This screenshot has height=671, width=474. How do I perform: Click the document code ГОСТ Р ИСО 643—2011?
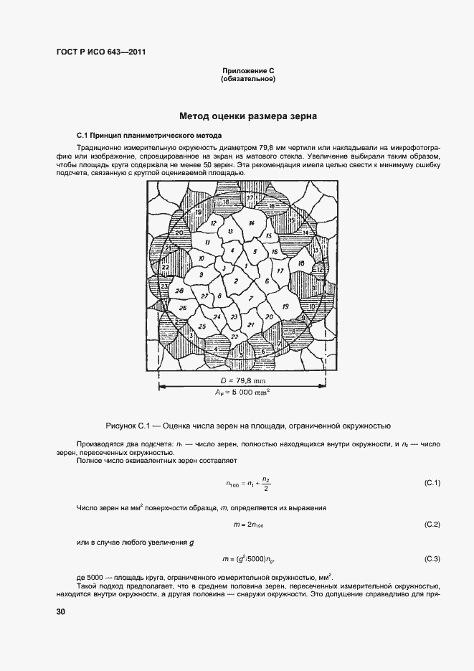click(x=96, y=51)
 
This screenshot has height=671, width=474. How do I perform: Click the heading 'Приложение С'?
click(x=248, y=71)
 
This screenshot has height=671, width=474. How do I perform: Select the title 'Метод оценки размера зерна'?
click(x=248, y=116)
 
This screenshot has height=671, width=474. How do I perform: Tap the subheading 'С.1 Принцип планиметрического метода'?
click(x=149, y=136)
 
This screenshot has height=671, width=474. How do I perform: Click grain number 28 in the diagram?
click(x=179, y=291)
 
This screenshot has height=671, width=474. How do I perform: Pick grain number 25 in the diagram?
click(x=202, y=327)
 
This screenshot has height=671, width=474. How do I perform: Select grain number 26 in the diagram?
click(x=183, y=309)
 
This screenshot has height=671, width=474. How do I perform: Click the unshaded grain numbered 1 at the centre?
click(x=247, y=266)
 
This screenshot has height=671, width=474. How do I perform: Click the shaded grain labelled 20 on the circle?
click(x=179, y=233)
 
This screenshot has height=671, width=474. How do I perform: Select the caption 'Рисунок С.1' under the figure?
click(x=248, y=426)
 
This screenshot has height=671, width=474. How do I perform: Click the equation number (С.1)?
click(x=432, y=482)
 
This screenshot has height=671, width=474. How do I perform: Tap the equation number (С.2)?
click(x=432, y=525)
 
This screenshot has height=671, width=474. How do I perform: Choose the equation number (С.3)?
click(x=432, y=558)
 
